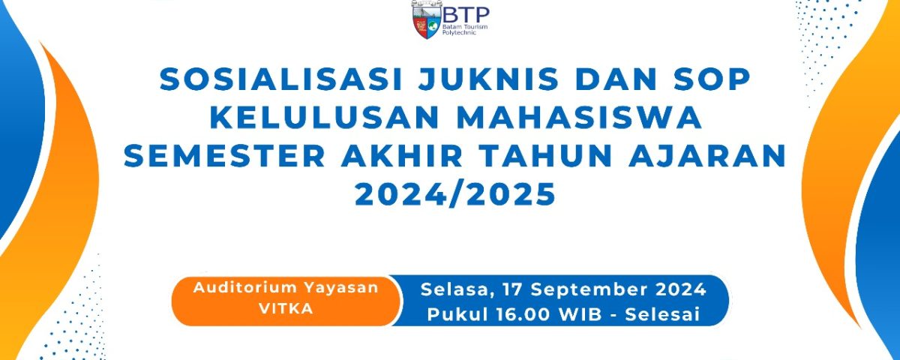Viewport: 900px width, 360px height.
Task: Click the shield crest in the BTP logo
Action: pyautogui.click(x=427, y=19)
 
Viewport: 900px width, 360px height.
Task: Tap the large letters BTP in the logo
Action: pyautogui.click(x=466, y=15)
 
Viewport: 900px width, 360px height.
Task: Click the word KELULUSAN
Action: pyautogui.click(x=324, y=118)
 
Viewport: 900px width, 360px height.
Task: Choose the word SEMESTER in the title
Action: pyautogui.click(x=224, y=156)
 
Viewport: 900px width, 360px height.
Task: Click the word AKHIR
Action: pyautogui.click(x=402, y=156)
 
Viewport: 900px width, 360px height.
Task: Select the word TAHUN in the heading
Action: pyautogui.click(x=545, y=156)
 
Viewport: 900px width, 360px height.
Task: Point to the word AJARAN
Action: pyautogui.click(x=707, y=156)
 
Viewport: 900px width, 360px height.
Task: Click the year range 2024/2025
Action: pyautogui.click(x=455, y=194)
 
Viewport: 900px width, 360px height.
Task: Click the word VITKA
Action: pyautogui.click(x=286, y=308)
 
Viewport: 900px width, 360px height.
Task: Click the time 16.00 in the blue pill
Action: pyautogui.click(x=525, y=314)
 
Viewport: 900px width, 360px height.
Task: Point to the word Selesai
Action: pyautogui.click(x=662, y=314)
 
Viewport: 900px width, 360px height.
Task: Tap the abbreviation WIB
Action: pyautogui.click(x=581, y=314)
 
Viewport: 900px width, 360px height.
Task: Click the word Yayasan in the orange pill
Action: pyautogui.click(x=340, y=289)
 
